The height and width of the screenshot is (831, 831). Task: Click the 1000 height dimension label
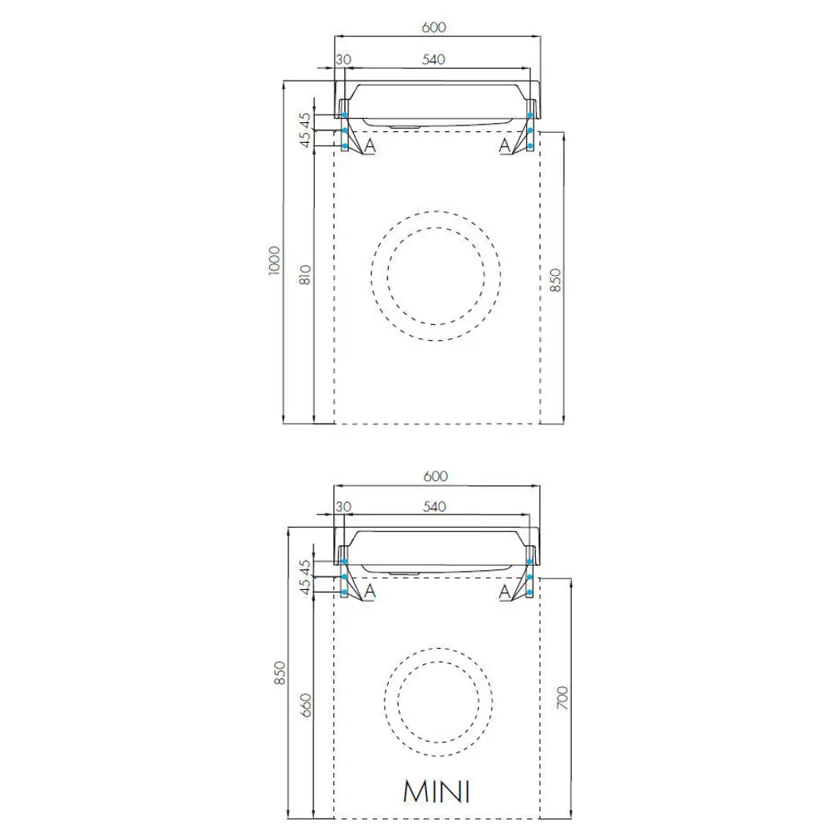click(274, 260)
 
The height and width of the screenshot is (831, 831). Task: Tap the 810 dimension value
click(305, 275)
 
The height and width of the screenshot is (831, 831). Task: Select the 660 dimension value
click(306, 706)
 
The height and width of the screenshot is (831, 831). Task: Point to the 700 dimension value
click(563, 698)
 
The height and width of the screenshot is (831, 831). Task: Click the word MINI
click(436, 792)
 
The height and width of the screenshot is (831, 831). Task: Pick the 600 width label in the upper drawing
click(434, 27)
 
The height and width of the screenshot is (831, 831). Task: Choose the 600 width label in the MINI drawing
click(435, 476)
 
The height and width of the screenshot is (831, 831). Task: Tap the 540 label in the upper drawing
click(433, 59)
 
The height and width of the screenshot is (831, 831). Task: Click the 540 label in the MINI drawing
click(434, 507)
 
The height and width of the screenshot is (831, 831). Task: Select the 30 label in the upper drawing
click(343, 59)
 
